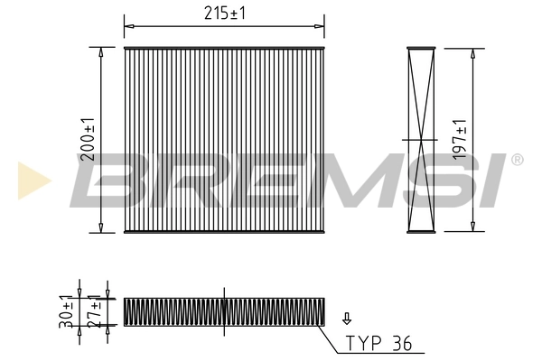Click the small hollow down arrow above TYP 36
click(347, 319)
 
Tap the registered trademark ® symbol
click(517, 160)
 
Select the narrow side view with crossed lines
click(420, 140)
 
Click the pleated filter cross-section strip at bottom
click(222, 311)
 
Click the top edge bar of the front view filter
click(222, 48)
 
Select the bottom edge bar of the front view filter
click(222, 232)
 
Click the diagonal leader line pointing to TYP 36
click(332, 338)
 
